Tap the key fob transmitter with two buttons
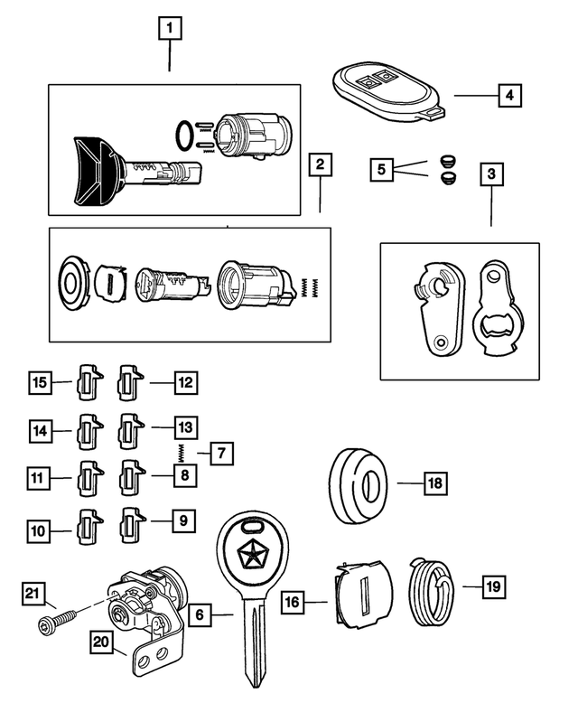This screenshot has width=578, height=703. pyautogui.click(x=386, y=87)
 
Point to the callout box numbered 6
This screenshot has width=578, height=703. pyautogui.click(x=201, y=615)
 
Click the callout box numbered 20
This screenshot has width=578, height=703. pyautogui.click(x=102, y=642)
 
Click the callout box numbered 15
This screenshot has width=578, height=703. pyautogui.click(x=39, y=382)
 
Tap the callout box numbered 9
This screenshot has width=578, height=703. pyautogui.click(x=182, y=520)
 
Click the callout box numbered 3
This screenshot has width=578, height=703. pyautogui.click(x=490, y=173)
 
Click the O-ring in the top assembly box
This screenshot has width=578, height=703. pyautogui.click(x=183, y=135)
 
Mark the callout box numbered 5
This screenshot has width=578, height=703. pyautogui.click(x=382, y=168)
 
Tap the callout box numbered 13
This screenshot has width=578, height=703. pyautogui.click(x=183, y=426)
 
